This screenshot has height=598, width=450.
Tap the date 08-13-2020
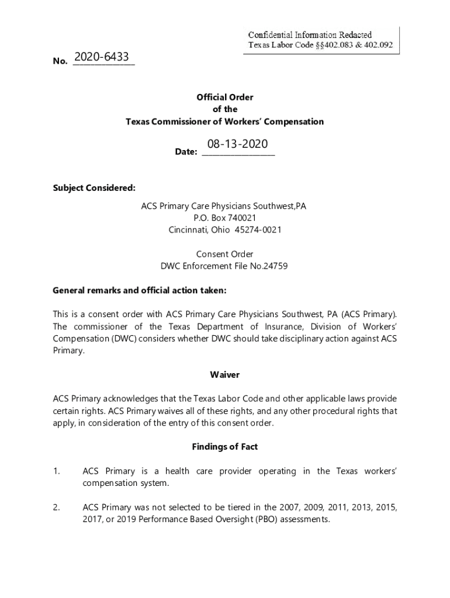(x=238, y=144)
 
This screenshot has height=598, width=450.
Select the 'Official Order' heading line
(x=224, y=98)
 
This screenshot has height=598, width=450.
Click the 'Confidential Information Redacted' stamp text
(x=310, y=35)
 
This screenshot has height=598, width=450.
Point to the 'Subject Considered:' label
(x=94, y=188)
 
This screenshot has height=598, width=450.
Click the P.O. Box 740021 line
(x=224, y=218)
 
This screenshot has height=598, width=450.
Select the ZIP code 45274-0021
(x=258, y=230)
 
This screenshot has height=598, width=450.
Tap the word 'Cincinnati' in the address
(x=188, y=230)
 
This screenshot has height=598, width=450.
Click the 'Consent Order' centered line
(x=224, y=254)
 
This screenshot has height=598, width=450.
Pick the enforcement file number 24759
(x=276, y=266)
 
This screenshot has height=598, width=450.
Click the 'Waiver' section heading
(x=224, y=375)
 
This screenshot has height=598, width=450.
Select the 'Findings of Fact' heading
(x=224, y=447)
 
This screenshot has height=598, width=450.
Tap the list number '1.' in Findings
(x=56, y=471)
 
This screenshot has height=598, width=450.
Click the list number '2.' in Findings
(x=56, y=507)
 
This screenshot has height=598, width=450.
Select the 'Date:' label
(x=186, y=152)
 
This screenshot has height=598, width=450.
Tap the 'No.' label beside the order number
(x=60, y=61)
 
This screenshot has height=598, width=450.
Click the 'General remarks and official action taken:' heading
(x=139, y=290)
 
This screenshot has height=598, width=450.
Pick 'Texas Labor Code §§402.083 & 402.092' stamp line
(x=321, y=45)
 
